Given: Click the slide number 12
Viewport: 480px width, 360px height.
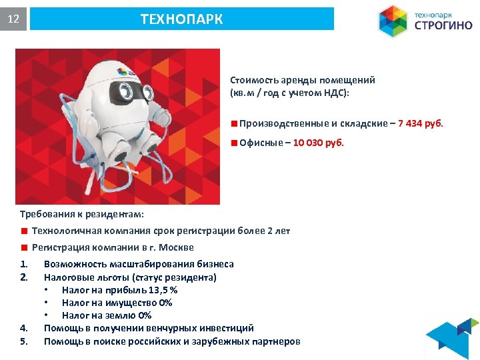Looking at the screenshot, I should tap(13, 19).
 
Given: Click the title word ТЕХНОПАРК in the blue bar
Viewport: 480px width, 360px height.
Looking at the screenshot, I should tap(181, 19).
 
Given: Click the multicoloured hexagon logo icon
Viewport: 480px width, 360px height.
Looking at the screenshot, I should tap(393, 21).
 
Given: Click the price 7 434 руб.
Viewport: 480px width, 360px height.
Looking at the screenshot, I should tap(420, 123).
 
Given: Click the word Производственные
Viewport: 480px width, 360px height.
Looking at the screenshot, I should tap(279, 123).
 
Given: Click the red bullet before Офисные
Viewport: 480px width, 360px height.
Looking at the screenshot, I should tap(234, 142).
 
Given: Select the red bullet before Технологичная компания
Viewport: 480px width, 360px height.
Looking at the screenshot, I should tap(23, 231).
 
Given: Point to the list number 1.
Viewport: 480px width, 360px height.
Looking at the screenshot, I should tap(23, 264).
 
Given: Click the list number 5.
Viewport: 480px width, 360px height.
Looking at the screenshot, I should tap(23, 341).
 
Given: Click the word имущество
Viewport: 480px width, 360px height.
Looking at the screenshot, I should tap(131, 303).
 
